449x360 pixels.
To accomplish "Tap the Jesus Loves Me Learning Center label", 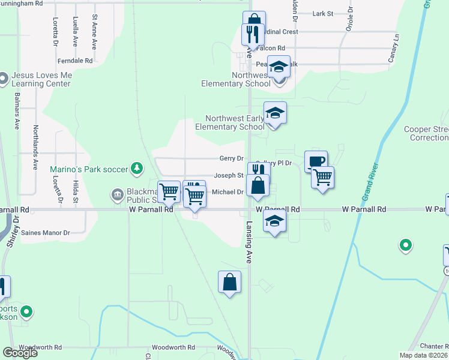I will pos(41,80).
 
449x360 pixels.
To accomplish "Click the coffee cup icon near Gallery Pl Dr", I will pos(316,161).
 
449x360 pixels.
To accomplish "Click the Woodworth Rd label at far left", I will pos(40,347).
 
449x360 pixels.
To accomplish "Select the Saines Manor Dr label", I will pos(50,233).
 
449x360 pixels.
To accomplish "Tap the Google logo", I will pos(20,353).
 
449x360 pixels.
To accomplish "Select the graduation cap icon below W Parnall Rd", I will pos(275,222).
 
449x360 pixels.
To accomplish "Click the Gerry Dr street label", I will pos(231,158).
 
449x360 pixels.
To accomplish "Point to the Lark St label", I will pos(323,13).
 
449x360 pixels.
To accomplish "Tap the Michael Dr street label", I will pos(228,192).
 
